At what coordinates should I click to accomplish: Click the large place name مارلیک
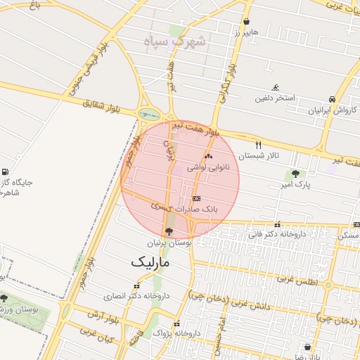click(150, 262)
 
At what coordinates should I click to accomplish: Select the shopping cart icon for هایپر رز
click(246, 21)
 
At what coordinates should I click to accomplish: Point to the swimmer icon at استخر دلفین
click(275, 86)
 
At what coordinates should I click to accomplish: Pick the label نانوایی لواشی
click(208, 168)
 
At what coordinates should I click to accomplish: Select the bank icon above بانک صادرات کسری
click(195, 198)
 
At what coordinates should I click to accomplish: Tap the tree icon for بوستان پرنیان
click(168, 231)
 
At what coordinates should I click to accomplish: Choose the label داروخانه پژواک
click(177, 332)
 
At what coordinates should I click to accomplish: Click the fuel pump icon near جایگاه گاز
click(6, 172)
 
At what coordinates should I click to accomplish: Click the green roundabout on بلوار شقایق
click(148, 112)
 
